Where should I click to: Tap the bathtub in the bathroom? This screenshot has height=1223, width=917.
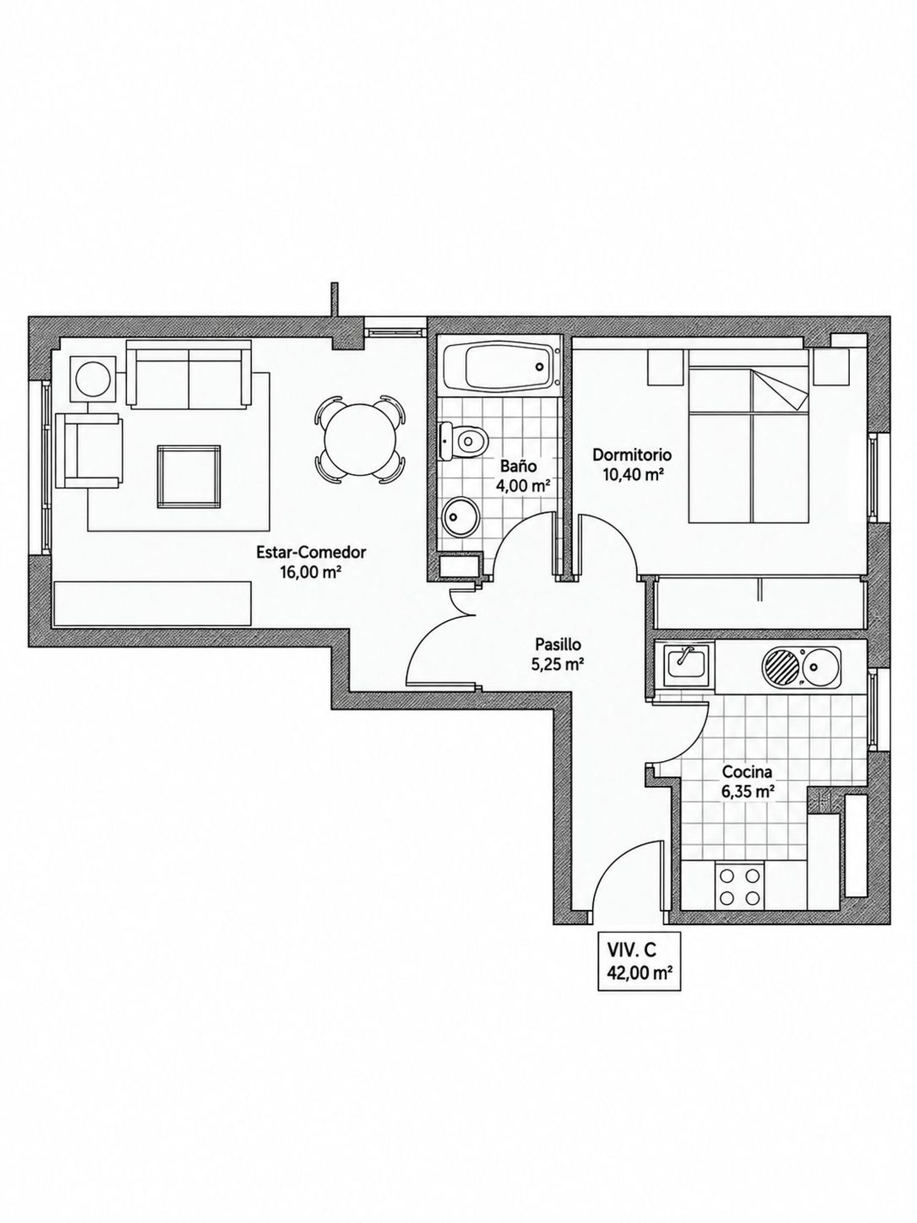501,366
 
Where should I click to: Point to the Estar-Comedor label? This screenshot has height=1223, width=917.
311,552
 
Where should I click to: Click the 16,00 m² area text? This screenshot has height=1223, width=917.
312,573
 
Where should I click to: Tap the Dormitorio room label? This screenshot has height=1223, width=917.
632,455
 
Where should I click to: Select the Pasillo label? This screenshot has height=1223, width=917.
558,644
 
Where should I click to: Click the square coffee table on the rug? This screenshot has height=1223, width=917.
189,477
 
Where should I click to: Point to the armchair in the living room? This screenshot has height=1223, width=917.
89,450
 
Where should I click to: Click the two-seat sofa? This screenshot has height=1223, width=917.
189,374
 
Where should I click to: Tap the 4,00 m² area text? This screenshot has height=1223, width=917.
521,487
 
